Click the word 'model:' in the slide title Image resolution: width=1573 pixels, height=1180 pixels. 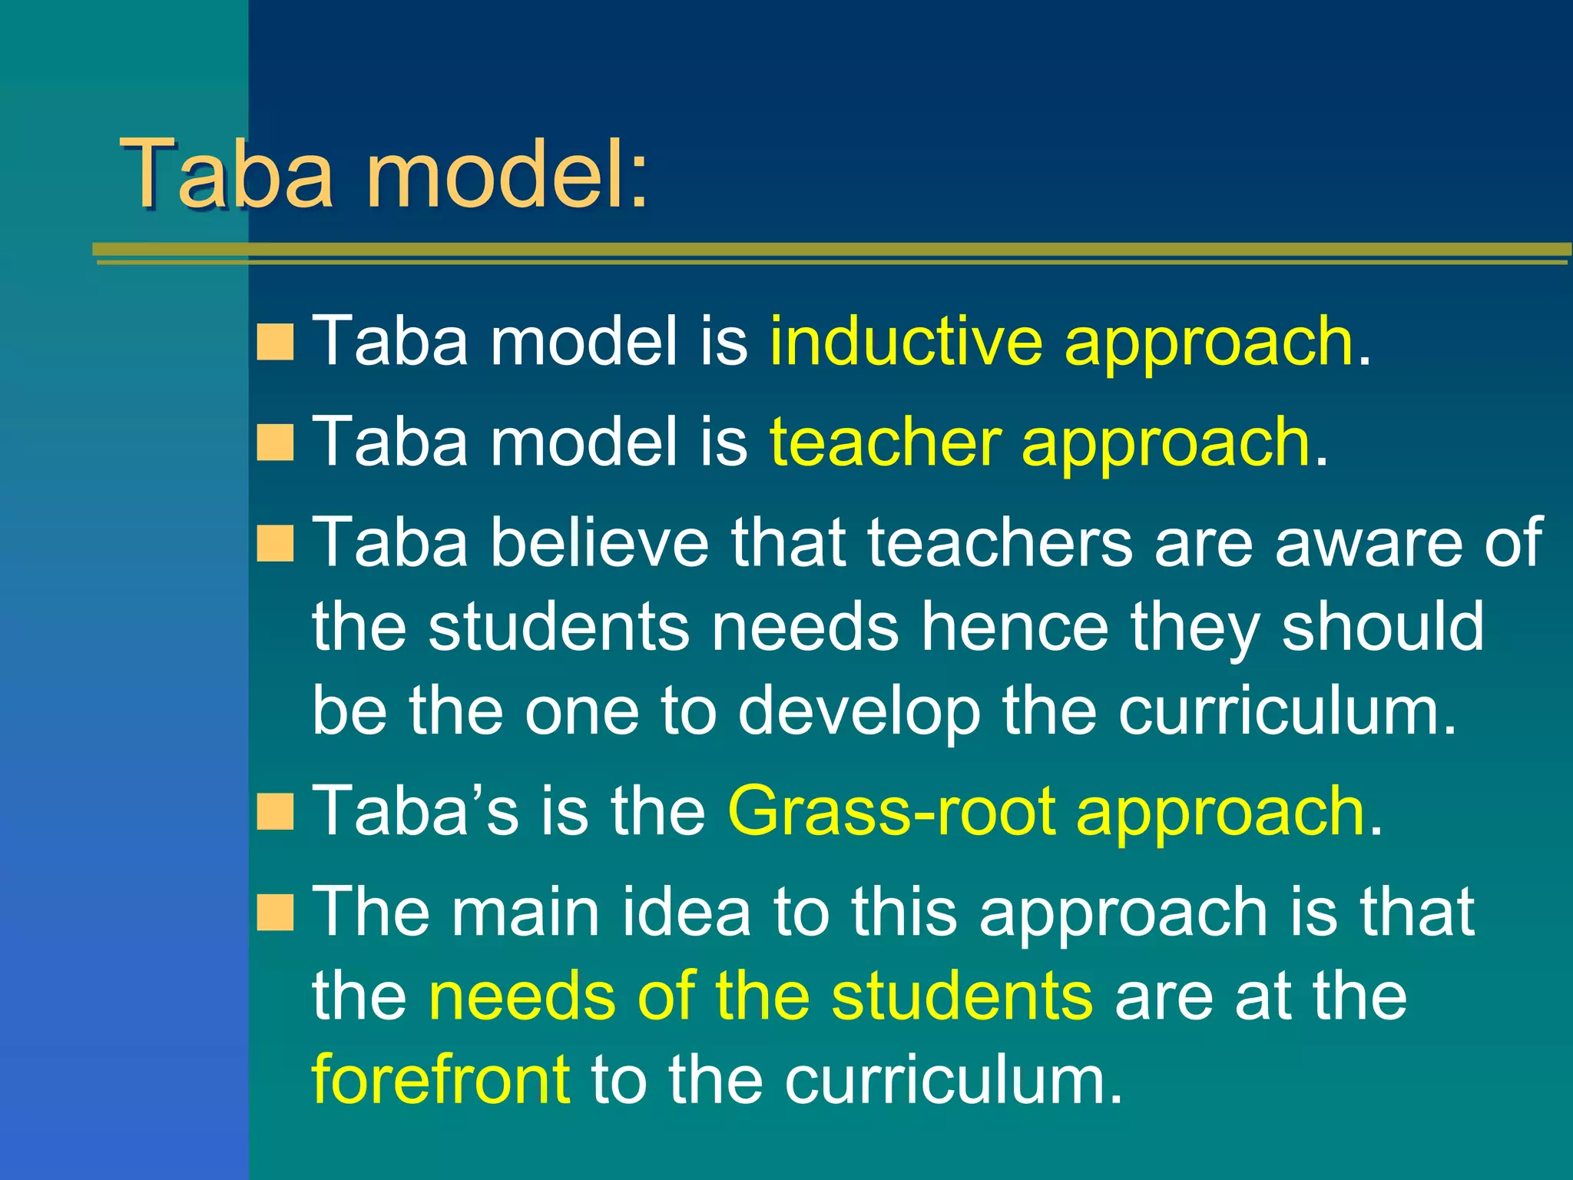pos(507,175)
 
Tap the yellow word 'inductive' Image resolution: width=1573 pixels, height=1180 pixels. pos(906,341)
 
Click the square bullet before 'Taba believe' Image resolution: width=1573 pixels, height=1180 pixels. pos(275,544)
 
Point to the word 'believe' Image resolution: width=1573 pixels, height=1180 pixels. pos(599,542)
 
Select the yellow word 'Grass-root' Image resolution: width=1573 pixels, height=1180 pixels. pos(891,811)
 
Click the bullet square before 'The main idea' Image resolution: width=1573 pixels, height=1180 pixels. pos(275,913)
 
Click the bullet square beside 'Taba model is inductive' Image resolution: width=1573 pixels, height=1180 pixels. pos(275,342)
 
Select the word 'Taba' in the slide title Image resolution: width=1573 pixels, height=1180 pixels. pos(227,175)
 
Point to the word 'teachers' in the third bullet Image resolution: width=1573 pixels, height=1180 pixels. pos(999,542)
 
